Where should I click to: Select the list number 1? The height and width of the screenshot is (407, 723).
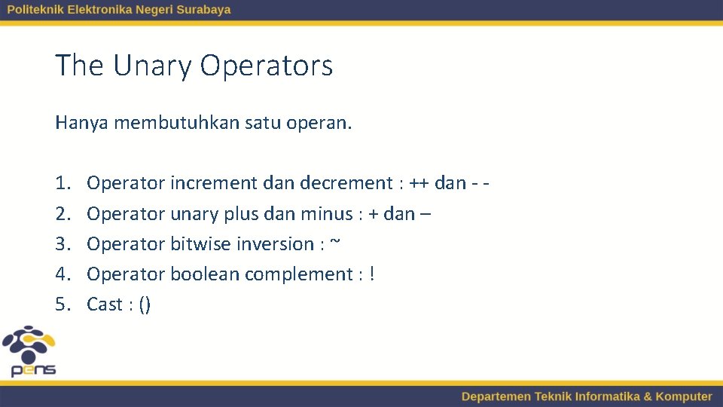[62, 183]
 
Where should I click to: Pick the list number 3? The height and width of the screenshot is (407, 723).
[62, 244]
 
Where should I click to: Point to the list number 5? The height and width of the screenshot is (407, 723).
[62, 304]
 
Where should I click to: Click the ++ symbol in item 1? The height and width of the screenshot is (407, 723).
[419, 183]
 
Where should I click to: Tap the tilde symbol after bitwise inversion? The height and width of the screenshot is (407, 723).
[335, 243]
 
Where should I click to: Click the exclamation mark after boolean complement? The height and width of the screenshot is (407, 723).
[372, 274]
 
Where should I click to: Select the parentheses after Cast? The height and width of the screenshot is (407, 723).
[145, 304]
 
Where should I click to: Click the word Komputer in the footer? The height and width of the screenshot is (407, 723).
[683, 396]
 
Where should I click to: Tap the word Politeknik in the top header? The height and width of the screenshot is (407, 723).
[35, 10]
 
